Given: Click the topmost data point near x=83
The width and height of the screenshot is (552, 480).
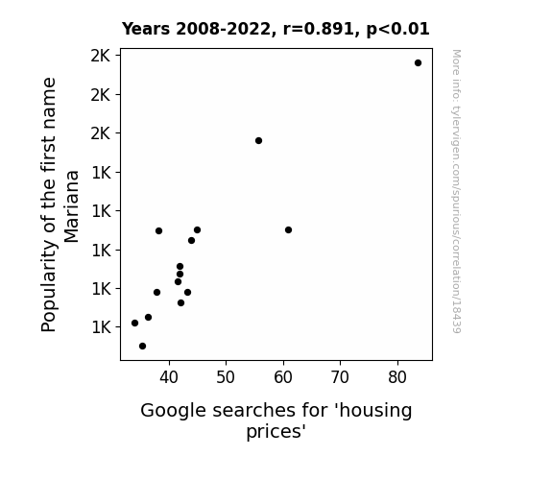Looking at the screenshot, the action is point(418,63).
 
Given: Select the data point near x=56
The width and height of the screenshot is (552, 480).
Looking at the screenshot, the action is point(258,140).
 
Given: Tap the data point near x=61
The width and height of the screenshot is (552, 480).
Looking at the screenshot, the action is point(288,230).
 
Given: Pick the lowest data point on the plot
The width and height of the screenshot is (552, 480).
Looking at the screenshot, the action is point(142,347).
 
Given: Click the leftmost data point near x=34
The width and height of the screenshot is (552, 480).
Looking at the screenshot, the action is point(134,323).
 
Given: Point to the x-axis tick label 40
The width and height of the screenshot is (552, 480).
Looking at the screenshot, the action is point(169,377).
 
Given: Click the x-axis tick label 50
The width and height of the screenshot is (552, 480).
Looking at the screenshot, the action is point(226,377).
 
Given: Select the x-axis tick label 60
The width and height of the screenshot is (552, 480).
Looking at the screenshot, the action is point(283,377).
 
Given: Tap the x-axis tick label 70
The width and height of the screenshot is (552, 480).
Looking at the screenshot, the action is point(340,377).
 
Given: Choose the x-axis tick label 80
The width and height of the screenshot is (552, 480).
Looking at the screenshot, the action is point(397,377).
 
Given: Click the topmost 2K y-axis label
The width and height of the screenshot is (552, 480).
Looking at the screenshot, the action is point(101,56).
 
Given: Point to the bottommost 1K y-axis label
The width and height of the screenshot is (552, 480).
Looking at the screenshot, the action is point(101,327).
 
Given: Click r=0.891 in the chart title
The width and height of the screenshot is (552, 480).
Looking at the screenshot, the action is point(319,29).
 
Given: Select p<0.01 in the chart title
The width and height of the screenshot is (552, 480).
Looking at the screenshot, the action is point(397,29).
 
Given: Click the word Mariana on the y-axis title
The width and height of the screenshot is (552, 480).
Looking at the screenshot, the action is point(71,206).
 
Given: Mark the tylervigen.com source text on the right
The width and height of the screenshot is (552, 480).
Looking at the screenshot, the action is point(456,191).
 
